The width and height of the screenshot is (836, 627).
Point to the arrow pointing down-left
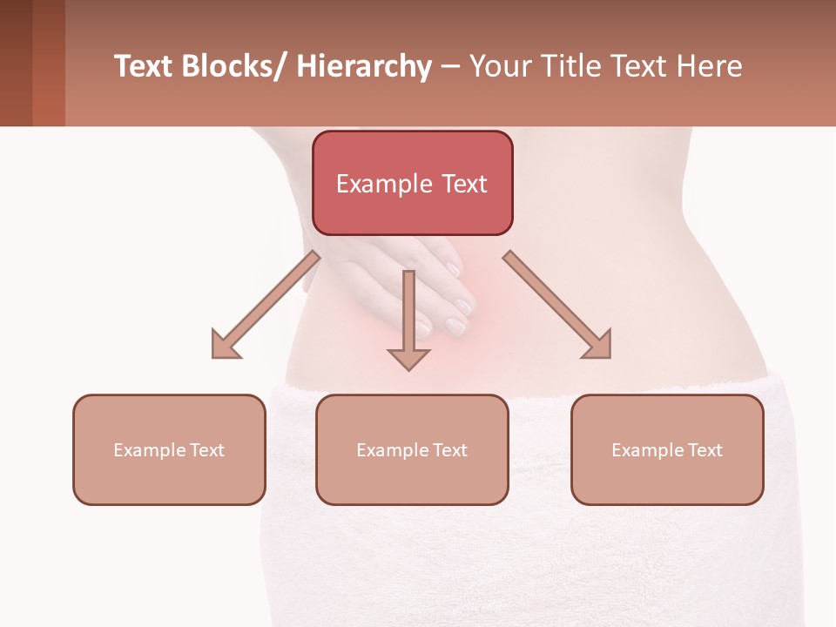(266, 305)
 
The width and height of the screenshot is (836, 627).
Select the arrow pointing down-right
(557, 305)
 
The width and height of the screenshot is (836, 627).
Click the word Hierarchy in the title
(364, 67)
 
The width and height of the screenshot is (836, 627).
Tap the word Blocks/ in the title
(236, 66)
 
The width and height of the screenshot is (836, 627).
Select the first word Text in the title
(144, 66)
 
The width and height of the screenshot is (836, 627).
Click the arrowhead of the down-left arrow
(225, 346)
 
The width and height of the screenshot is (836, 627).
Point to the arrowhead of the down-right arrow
(599, 346)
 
